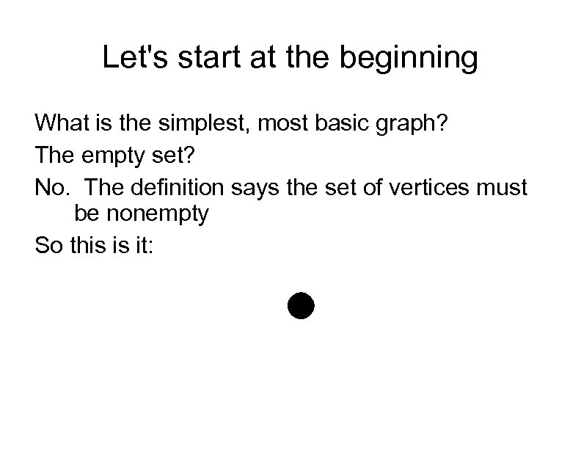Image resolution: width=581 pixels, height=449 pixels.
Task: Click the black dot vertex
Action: [299, 305]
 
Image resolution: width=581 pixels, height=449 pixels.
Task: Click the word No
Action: [51, 188]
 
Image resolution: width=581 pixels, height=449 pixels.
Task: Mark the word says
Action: [257, 189]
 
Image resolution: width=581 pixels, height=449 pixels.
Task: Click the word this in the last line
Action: [88, 245]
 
